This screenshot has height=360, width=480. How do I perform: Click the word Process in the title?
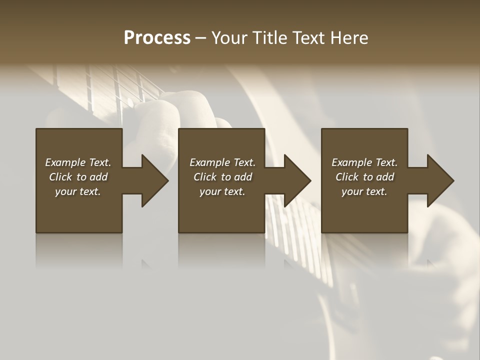[x=157, y=37]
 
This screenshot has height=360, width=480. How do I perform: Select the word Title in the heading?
[x=268, y=37]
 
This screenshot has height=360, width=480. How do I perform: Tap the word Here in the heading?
[x=350, y=37]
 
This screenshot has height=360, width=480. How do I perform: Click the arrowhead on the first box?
[x=153, y=180]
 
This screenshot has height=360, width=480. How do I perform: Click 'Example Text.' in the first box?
[x=78, y=162]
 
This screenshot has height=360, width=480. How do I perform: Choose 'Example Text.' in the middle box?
[x=222, y=162]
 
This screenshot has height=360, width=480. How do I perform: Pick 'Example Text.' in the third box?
[x=364, y=162]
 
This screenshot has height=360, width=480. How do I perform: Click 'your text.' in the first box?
[x=78, y=191]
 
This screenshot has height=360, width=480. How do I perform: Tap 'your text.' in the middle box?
[x=222, y=191]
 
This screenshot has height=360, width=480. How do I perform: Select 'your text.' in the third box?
[x=364, y=191]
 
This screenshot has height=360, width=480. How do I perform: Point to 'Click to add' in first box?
[x=78, y=177]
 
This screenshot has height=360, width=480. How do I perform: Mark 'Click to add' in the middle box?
[x=222, y=177]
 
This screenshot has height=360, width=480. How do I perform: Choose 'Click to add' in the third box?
[x=364, y=177]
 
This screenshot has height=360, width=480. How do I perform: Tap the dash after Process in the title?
[x=200, y=38]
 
